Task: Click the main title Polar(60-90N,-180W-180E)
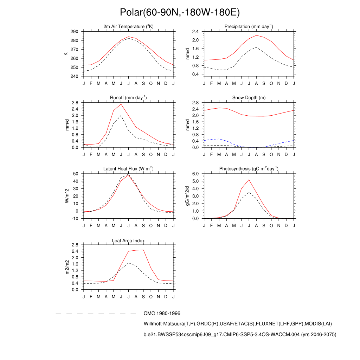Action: pyautogui.click(x=180, y=13)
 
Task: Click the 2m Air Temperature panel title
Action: pyautogui.click(x=128, y=27)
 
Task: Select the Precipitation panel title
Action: pyautogui.click(x=249, y=27)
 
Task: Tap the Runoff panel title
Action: pyautogui.click(x=128, y=98)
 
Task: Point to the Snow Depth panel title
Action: pyautogui.click(x=249, y=98)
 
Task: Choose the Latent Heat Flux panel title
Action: pyautogui.click(x=128, y=169)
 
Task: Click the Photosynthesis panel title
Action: pyautogui.click(x=249, y=169)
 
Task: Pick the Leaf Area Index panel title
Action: pyautogui.click(x=128, y=241)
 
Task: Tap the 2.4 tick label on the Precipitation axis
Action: pyautogui.click(x=196, y=32)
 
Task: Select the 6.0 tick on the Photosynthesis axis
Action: pyautogui.click(x=196, y=174)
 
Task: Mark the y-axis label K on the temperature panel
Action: pyautogui.click(x=65, y=54)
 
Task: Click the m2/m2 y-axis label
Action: pyautogui.click(x=65, y=267)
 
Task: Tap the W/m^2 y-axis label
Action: pyautogui.click(x=65, y=196)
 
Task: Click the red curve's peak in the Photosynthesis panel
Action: pyautogui.click(x=249, y=180)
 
